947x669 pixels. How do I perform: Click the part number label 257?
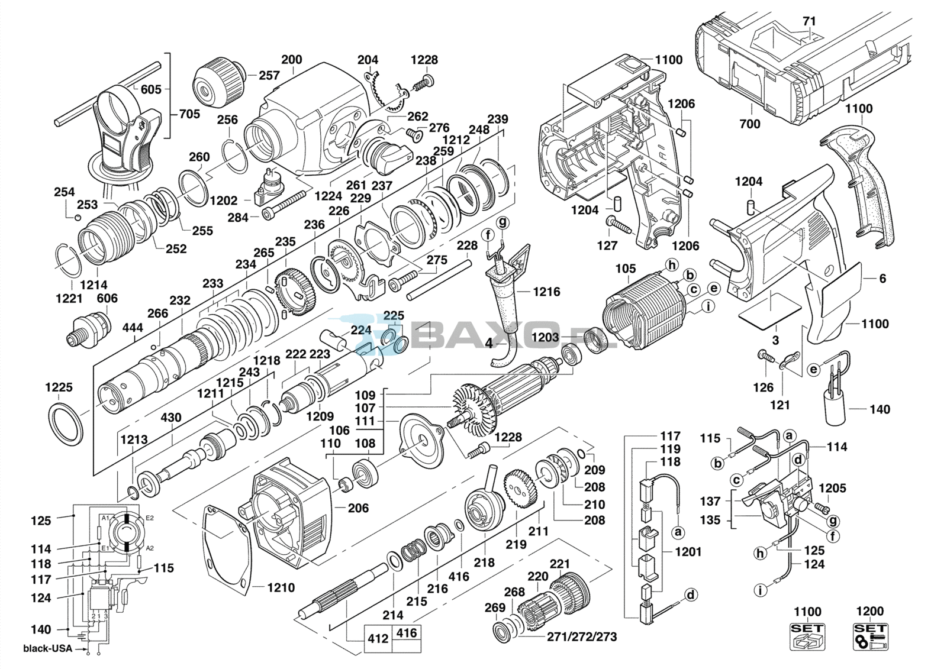tap(269, 76)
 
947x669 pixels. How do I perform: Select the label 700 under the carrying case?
tap(750, 124)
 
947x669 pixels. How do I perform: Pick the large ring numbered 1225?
tap(66, 422)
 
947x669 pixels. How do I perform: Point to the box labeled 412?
tap(378, 638)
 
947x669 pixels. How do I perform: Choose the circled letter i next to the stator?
tap(708, 306)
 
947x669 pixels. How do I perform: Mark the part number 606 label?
tap(107, 298)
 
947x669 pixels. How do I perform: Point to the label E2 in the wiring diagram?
tap(150, 518)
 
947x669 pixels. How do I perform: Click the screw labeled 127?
tap(620, 224)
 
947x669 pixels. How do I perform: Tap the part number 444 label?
tap(133, 328)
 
